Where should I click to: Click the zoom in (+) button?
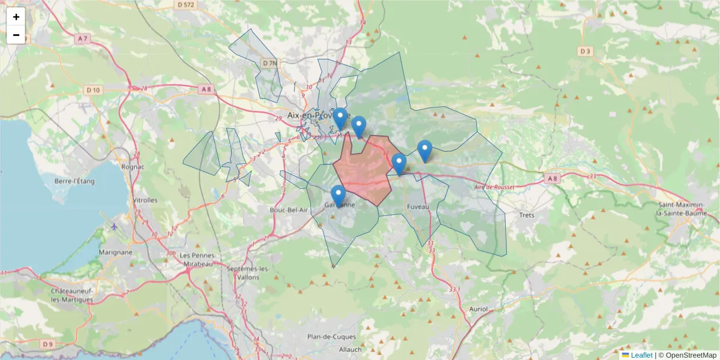[16, 17]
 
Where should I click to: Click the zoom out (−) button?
[16, 35]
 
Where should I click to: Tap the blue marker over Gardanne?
[338, 196]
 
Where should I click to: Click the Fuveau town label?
[418, 207]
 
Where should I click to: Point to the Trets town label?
[527, 215]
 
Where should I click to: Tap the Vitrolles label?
[145, 200]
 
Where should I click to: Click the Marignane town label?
[115, 253]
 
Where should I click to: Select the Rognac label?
[132, 167]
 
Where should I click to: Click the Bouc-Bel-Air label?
[289, 210]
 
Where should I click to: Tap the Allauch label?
[350, 349]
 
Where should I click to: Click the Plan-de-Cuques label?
[331, 337]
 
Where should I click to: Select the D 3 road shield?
[586, 52]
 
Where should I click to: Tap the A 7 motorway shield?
[82, 39]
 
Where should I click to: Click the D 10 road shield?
[93, 90]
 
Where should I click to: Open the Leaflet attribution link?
[641, 355]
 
